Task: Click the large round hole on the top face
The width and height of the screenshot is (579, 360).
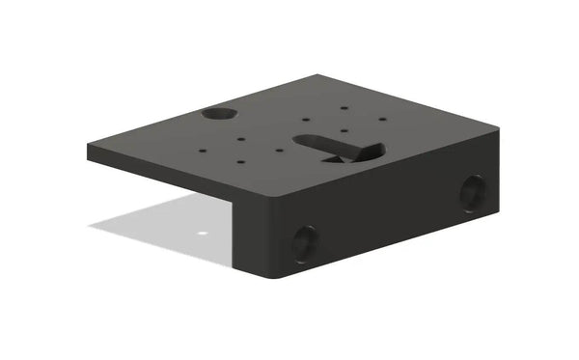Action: [x=219, y=114]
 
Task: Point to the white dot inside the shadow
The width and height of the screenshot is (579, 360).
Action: [x=202, y=233]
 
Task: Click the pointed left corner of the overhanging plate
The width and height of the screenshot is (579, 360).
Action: [x=89, y=148]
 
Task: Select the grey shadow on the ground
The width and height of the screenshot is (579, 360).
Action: [x=164, y=222]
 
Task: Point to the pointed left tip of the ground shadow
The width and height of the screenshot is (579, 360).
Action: [x=92, y=227]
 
